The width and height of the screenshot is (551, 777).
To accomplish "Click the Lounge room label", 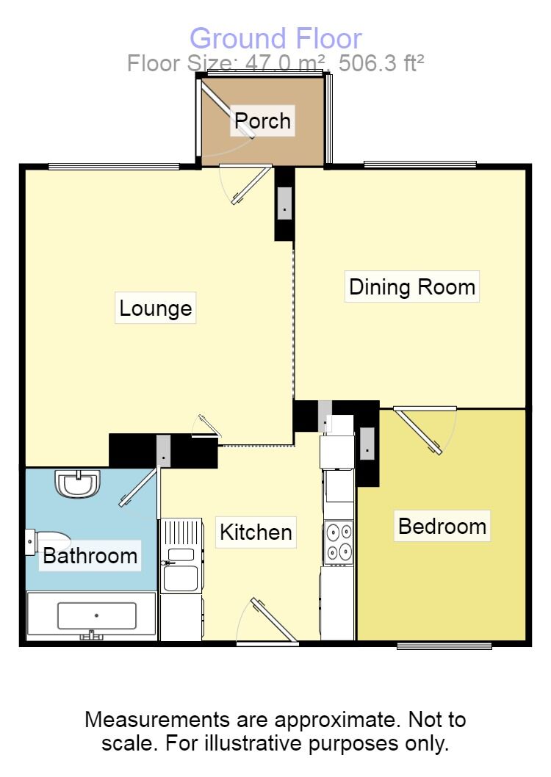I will pos(156,308).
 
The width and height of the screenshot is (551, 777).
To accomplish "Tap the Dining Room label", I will pos(412,286).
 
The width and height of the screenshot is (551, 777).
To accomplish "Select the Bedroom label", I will pos(442,527).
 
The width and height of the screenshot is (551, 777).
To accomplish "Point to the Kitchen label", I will pos(256,532).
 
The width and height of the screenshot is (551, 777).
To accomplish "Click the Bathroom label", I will pos(90,555).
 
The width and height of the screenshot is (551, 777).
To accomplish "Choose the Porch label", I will pos(263,120).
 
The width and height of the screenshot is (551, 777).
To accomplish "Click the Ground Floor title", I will pos(275,38).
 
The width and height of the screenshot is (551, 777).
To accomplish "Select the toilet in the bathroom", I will pos(46,541).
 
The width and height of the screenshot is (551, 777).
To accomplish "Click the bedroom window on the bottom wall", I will pos(444,646).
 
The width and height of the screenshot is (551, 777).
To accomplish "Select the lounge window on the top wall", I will pos(114,167).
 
